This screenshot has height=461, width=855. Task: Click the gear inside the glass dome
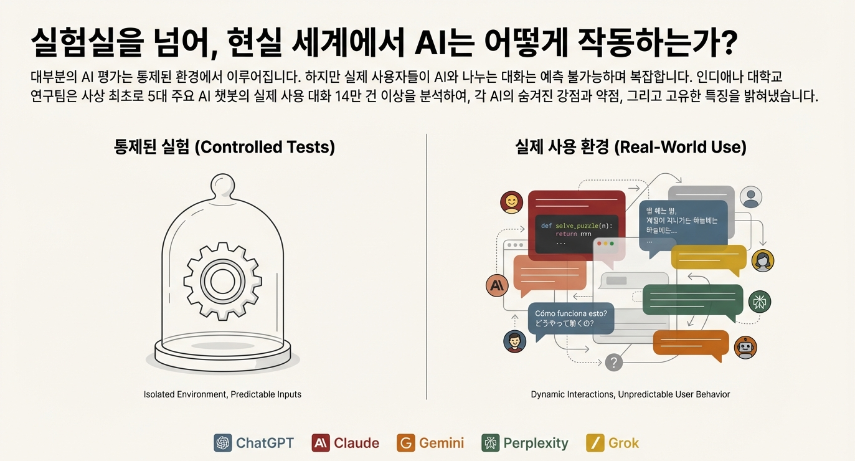[x=222, y=279]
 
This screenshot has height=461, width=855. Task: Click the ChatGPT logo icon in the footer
[x=222, y=443]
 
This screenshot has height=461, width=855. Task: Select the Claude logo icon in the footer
[x=321, y=443]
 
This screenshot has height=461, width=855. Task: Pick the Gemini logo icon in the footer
[x=405, y=443]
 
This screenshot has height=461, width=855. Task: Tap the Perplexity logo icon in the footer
[x=491, y=443]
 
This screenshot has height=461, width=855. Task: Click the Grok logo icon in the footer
[x=595, y=443]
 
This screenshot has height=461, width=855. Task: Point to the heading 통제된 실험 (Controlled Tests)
[x=224, y=147]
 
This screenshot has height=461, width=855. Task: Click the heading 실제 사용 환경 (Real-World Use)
[x=630, y=147]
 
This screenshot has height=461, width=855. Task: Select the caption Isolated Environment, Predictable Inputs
[x=222, y=394]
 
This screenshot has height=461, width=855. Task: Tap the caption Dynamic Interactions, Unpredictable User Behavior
[x=630, y=394]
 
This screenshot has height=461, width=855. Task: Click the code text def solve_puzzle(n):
[x=576, y=225]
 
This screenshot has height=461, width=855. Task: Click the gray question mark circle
[x=614, y=362]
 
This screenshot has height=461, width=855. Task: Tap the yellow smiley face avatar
[x=511, y=202]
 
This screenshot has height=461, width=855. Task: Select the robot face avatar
[x=745, y=348]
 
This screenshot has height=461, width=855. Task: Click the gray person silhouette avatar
[x=751, y=197]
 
